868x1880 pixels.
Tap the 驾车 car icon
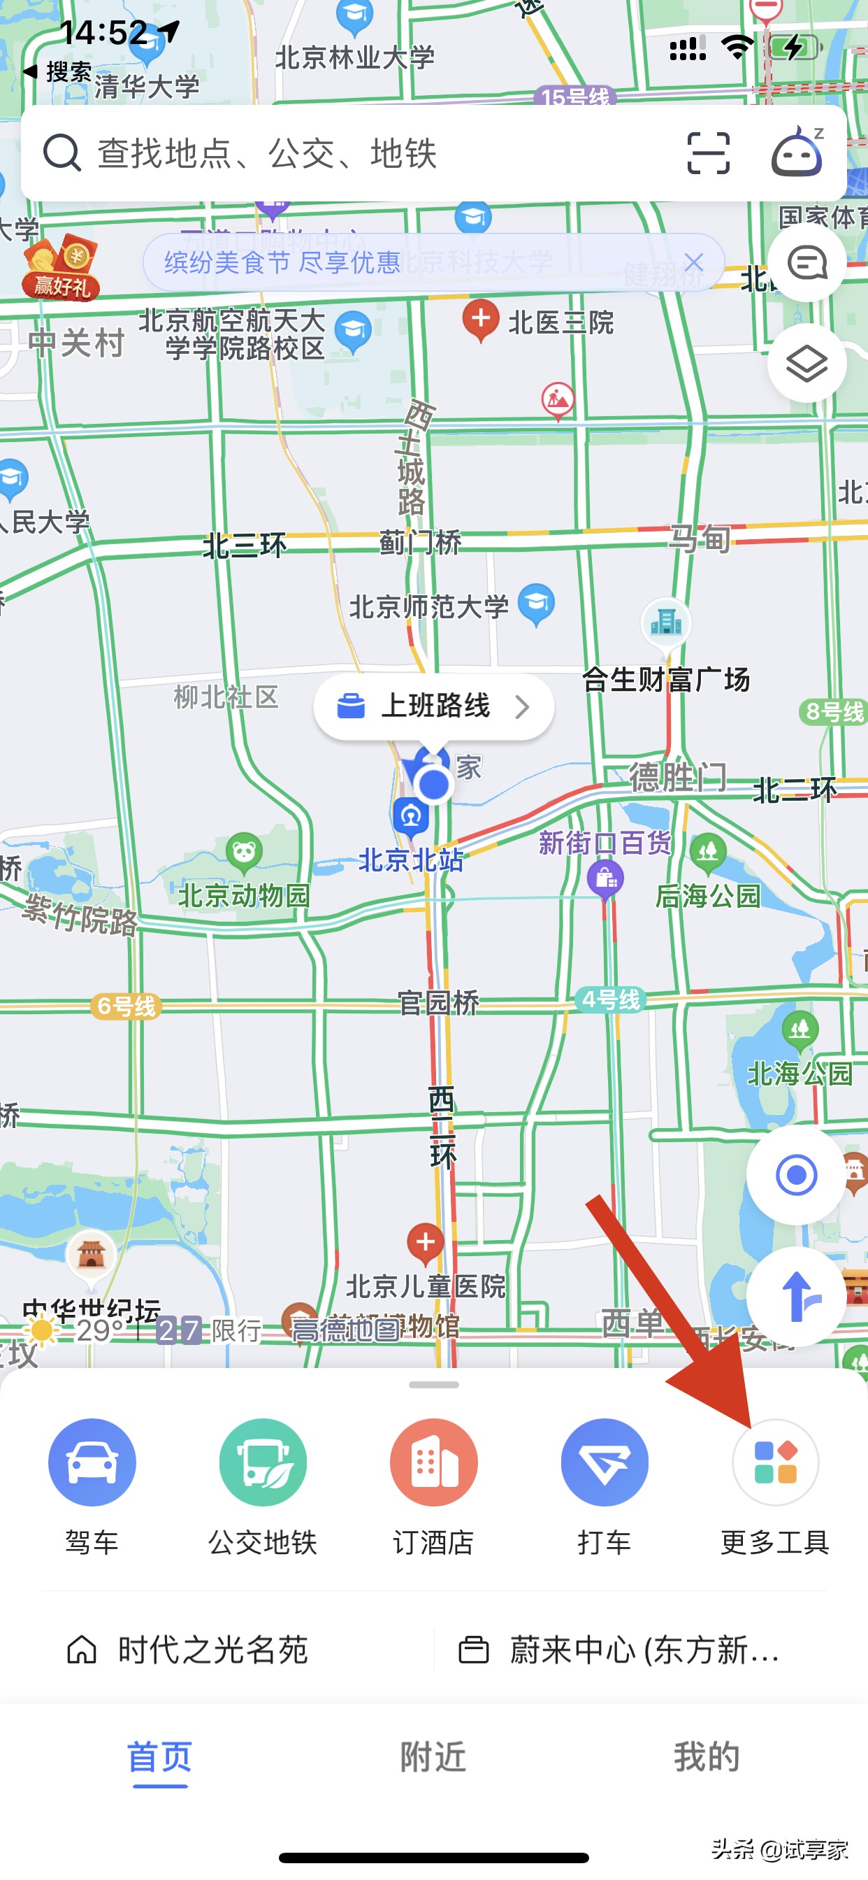click(92, 1462)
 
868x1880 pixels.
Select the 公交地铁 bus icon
click(263, 1462)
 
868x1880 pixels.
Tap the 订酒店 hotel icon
click(433, 1462)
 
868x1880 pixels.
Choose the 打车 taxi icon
click(604, 1462)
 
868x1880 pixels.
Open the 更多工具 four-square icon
click(774, 1462)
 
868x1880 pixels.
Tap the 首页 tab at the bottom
click(160, 1756)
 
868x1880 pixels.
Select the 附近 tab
click(433, 1756)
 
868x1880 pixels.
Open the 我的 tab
click(706, 1756)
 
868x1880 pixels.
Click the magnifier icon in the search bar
click(62, 153)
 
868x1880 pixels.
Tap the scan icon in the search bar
click(708, 153)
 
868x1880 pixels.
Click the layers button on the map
click(806, 363)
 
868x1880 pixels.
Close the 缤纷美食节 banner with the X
click(694, 262)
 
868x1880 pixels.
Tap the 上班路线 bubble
click(433, 706)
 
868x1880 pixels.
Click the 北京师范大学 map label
click(429, 607)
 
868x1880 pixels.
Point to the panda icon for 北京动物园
click(244, 851)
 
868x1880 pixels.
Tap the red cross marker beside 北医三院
click(481, 319)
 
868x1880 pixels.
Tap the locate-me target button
click(796, 1175)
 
